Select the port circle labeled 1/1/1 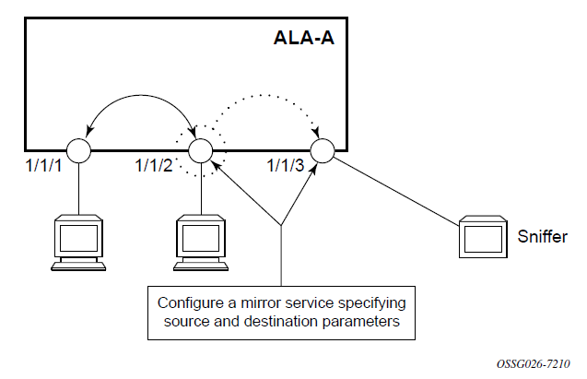76,150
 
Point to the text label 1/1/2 153,167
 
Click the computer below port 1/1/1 77,243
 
